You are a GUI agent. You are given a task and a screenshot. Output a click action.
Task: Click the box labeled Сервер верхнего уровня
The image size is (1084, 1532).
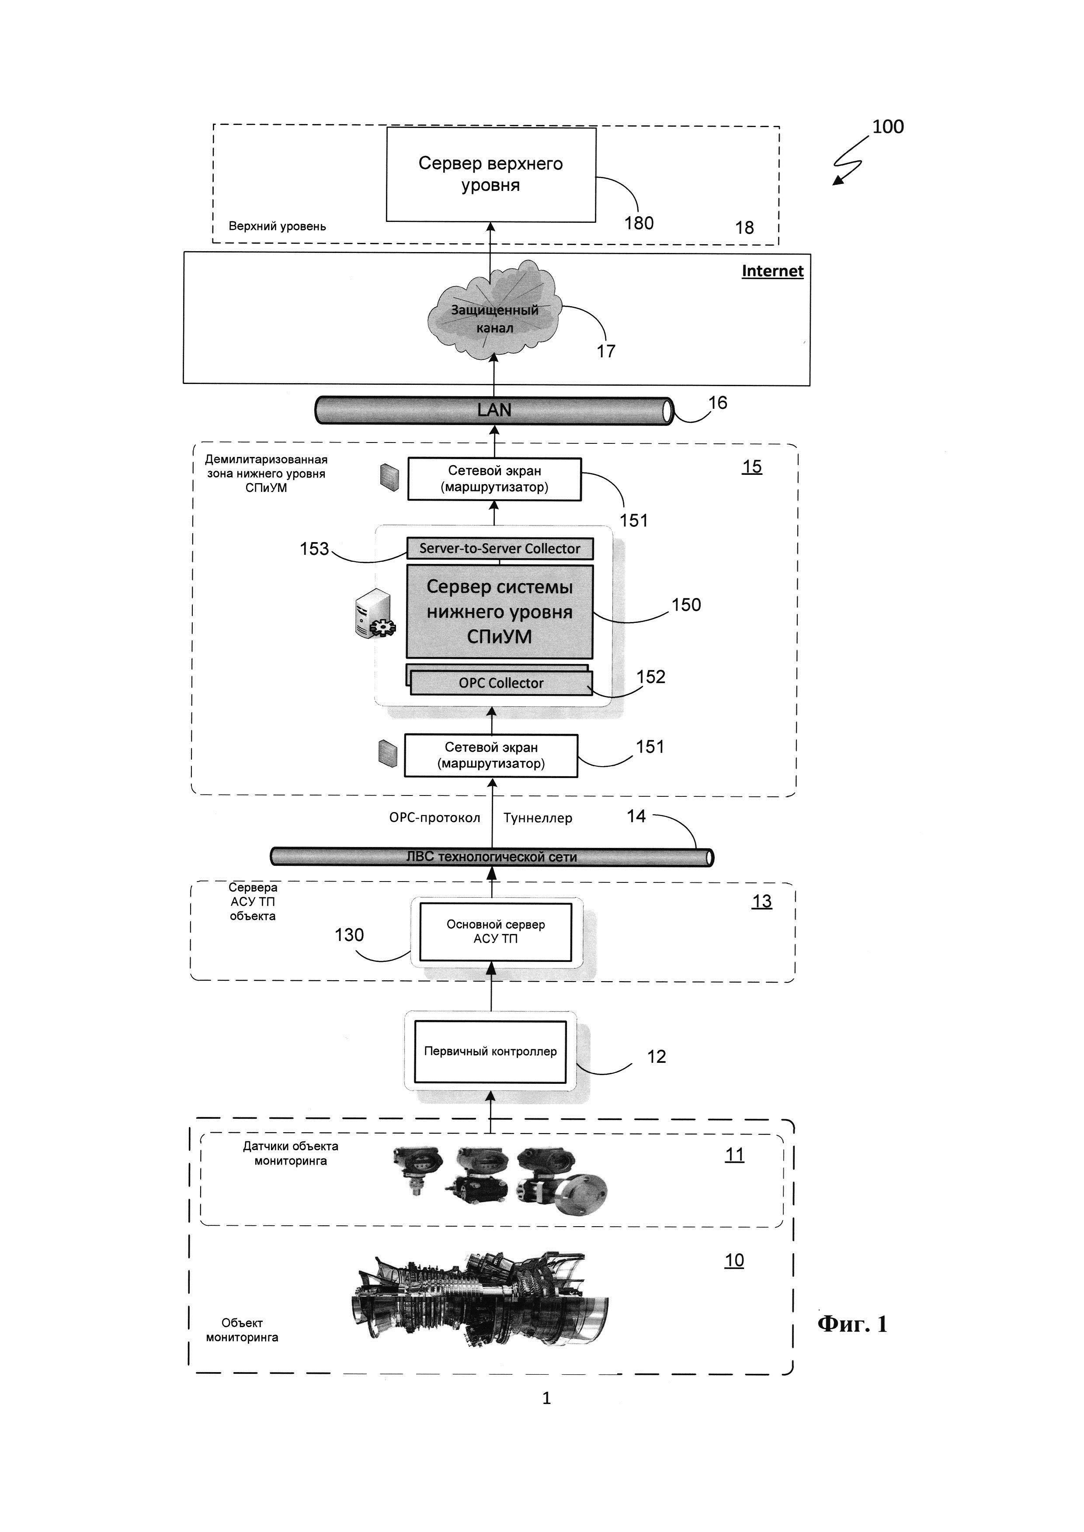pos(490,174)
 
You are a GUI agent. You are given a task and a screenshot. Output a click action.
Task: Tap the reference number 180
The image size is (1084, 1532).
pos(638,223)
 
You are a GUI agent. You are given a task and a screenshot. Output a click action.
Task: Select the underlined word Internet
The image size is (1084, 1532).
pos(772,271)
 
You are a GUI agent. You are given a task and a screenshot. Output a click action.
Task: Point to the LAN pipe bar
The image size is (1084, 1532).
pos(494,410)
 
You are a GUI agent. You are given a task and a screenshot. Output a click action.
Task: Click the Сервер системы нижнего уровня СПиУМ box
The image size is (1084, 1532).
pos(499,612)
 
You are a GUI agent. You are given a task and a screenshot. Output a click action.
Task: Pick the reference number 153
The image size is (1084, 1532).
pos(314,549)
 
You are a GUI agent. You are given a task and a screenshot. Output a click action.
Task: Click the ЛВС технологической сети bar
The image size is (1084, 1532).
pos(491,857)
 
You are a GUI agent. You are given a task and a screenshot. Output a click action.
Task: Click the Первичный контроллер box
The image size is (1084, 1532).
pos(490,1051)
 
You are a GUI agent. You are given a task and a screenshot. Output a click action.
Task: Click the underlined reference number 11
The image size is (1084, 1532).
pos(734,1155)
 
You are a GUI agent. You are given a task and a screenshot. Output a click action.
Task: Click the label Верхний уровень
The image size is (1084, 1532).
pos(277,226)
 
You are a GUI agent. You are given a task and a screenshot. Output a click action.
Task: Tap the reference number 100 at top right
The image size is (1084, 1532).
pos(888,127)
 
